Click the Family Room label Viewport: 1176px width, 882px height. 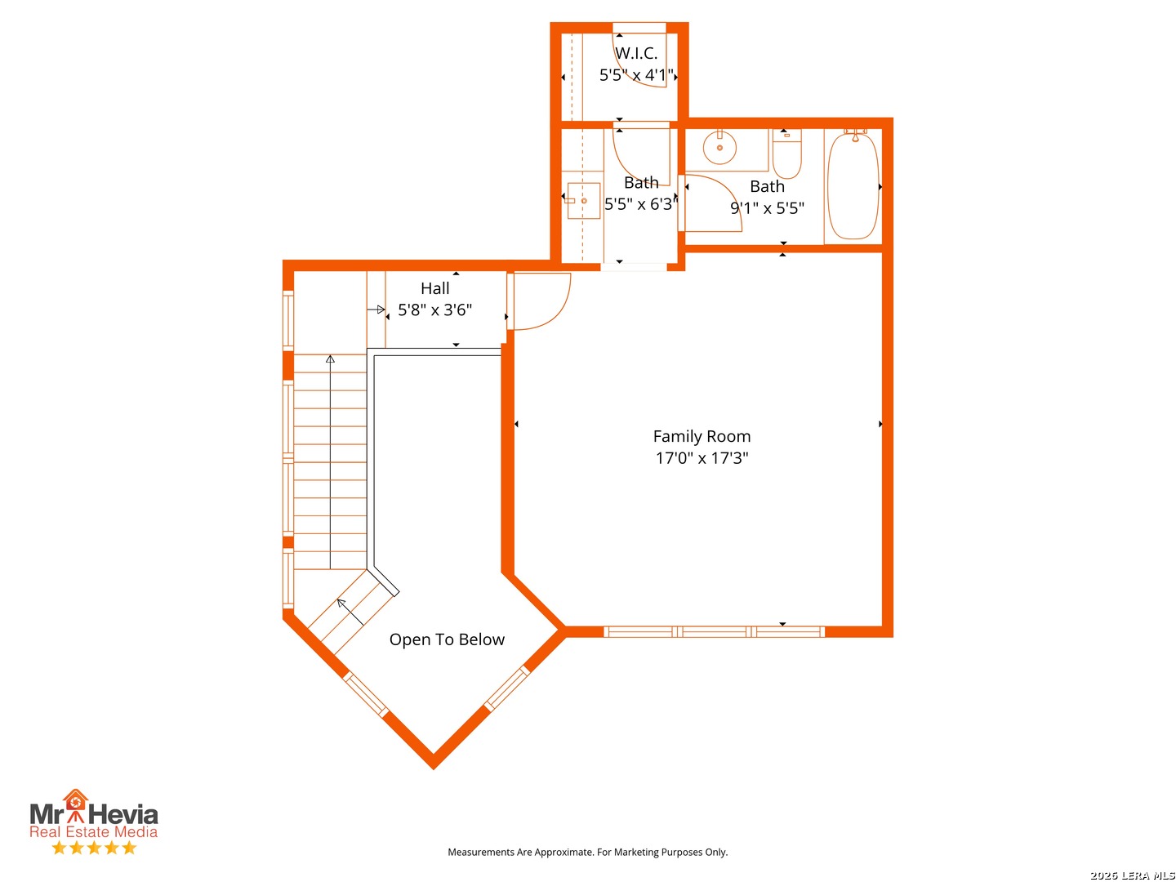coord(702,436)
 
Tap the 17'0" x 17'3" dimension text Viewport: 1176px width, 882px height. coord(702,458)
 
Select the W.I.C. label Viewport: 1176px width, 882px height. coord(636,53)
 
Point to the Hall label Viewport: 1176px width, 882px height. coord(434,288)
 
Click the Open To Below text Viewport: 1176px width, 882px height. coord(447,639)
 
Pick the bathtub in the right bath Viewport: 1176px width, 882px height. coord(853,185)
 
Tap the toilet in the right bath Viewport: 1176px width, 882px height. coord(786,154)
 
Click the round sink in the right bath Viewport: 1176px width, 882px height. coord(719,147)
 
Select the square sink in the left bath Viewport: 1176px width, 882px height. coord(583,201)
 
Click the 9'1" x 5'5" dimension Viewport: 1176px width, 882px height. coord(767,207)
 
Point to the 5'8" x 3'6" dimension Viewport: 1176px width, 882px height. coord(434,310)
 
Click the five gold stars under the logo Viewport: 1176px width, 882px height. coord(94,848)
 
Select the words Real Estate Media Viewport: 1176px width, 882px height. coord(93,831)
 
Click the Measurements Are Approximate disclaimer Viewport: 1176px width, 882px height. coord(588,852)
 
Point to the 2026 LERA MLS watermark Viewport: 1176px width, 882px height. coord(1132,875)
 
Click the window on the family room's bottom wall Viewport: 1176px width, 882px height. coord(714,632)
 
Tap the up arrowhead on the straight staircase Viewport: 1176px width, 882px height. coord(330,359)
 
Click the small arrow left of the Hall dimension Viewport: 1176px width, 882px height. coord(376,310)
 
